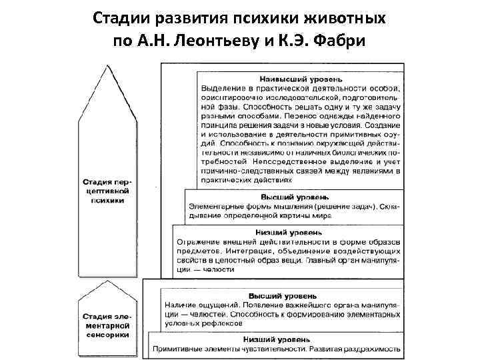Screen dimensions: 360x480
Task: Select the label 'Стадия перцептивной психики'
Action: coord(106,191)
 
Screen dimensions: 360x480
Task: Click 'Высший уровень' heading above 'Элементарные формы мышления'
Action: coord(294,197)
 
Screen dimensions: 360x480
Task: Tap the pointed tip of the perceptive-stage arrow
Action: coord(105,65)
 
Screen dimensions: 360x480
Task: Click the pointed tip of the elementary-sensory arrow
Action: coord(105,279)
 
